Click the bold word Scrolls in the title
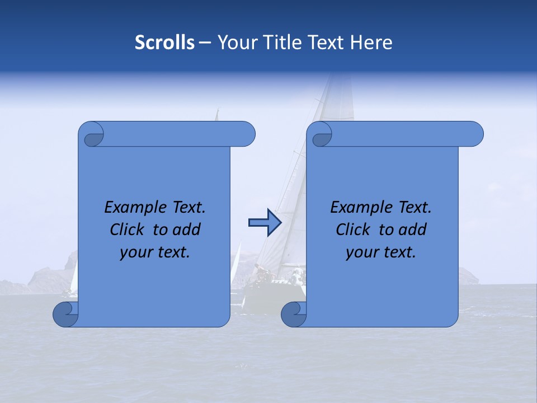pos(165,43)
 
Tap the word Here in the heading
pos(371,43)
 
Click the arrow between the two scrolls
pos(265,223)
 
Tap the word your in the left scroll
pos(136,252)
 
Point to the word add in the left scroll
pos(186,230)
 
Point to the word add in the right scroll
pos(413,230)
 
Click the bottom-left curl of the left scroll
pos(65,313)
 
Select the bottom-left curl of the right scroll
pos(293,313)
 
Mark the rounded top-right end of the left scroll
pos(246,134)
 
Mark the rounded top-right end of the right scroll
pos(474,134)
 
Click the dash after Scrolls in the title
pos(205,43)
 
